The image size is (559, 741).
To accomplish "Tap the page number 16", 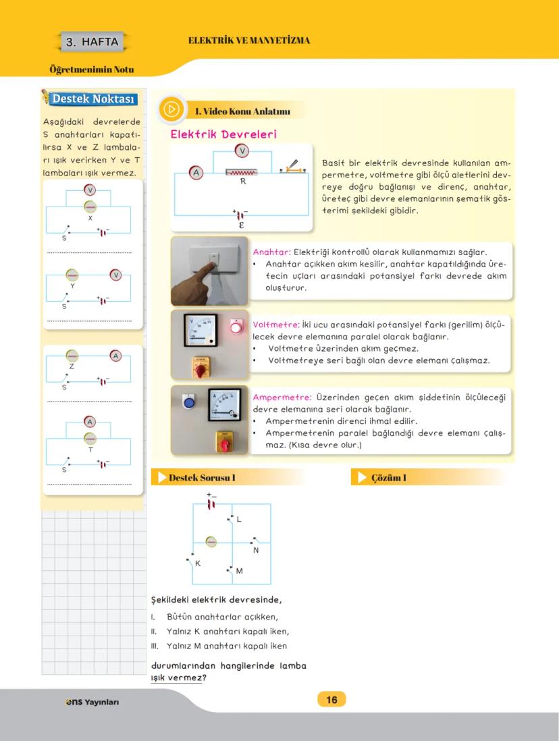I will point(331,700).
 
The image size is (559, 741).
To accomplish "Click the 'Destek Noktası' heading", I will point(93,99).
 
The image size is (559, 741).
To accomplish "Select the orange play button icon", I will point(172,109).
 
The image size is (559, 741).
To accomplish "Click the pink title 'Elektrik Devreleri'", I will point(223,134).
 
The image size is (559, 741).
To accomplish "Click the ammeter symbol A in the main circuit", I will point(196,173).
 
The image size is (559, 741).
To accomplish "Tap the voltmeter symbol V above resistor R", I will point(242,150).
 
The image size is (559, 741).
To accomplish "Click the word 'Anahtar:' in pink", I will point(271,252).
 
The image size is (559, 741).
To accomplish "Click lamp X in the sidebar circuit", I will point(90,207).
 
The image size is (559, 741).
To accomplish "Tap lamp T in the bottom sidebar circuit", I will point(90,439).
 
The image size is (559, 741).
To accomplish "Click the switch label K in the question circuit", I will point(197,563).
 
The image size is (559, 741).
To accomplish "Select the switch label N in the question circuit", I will point(256,550).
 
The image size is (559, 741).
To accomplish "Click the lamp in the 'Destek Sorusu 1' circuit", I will point(211,541).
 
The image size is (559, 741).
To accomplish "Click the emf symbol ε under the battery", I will point(241,225).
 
